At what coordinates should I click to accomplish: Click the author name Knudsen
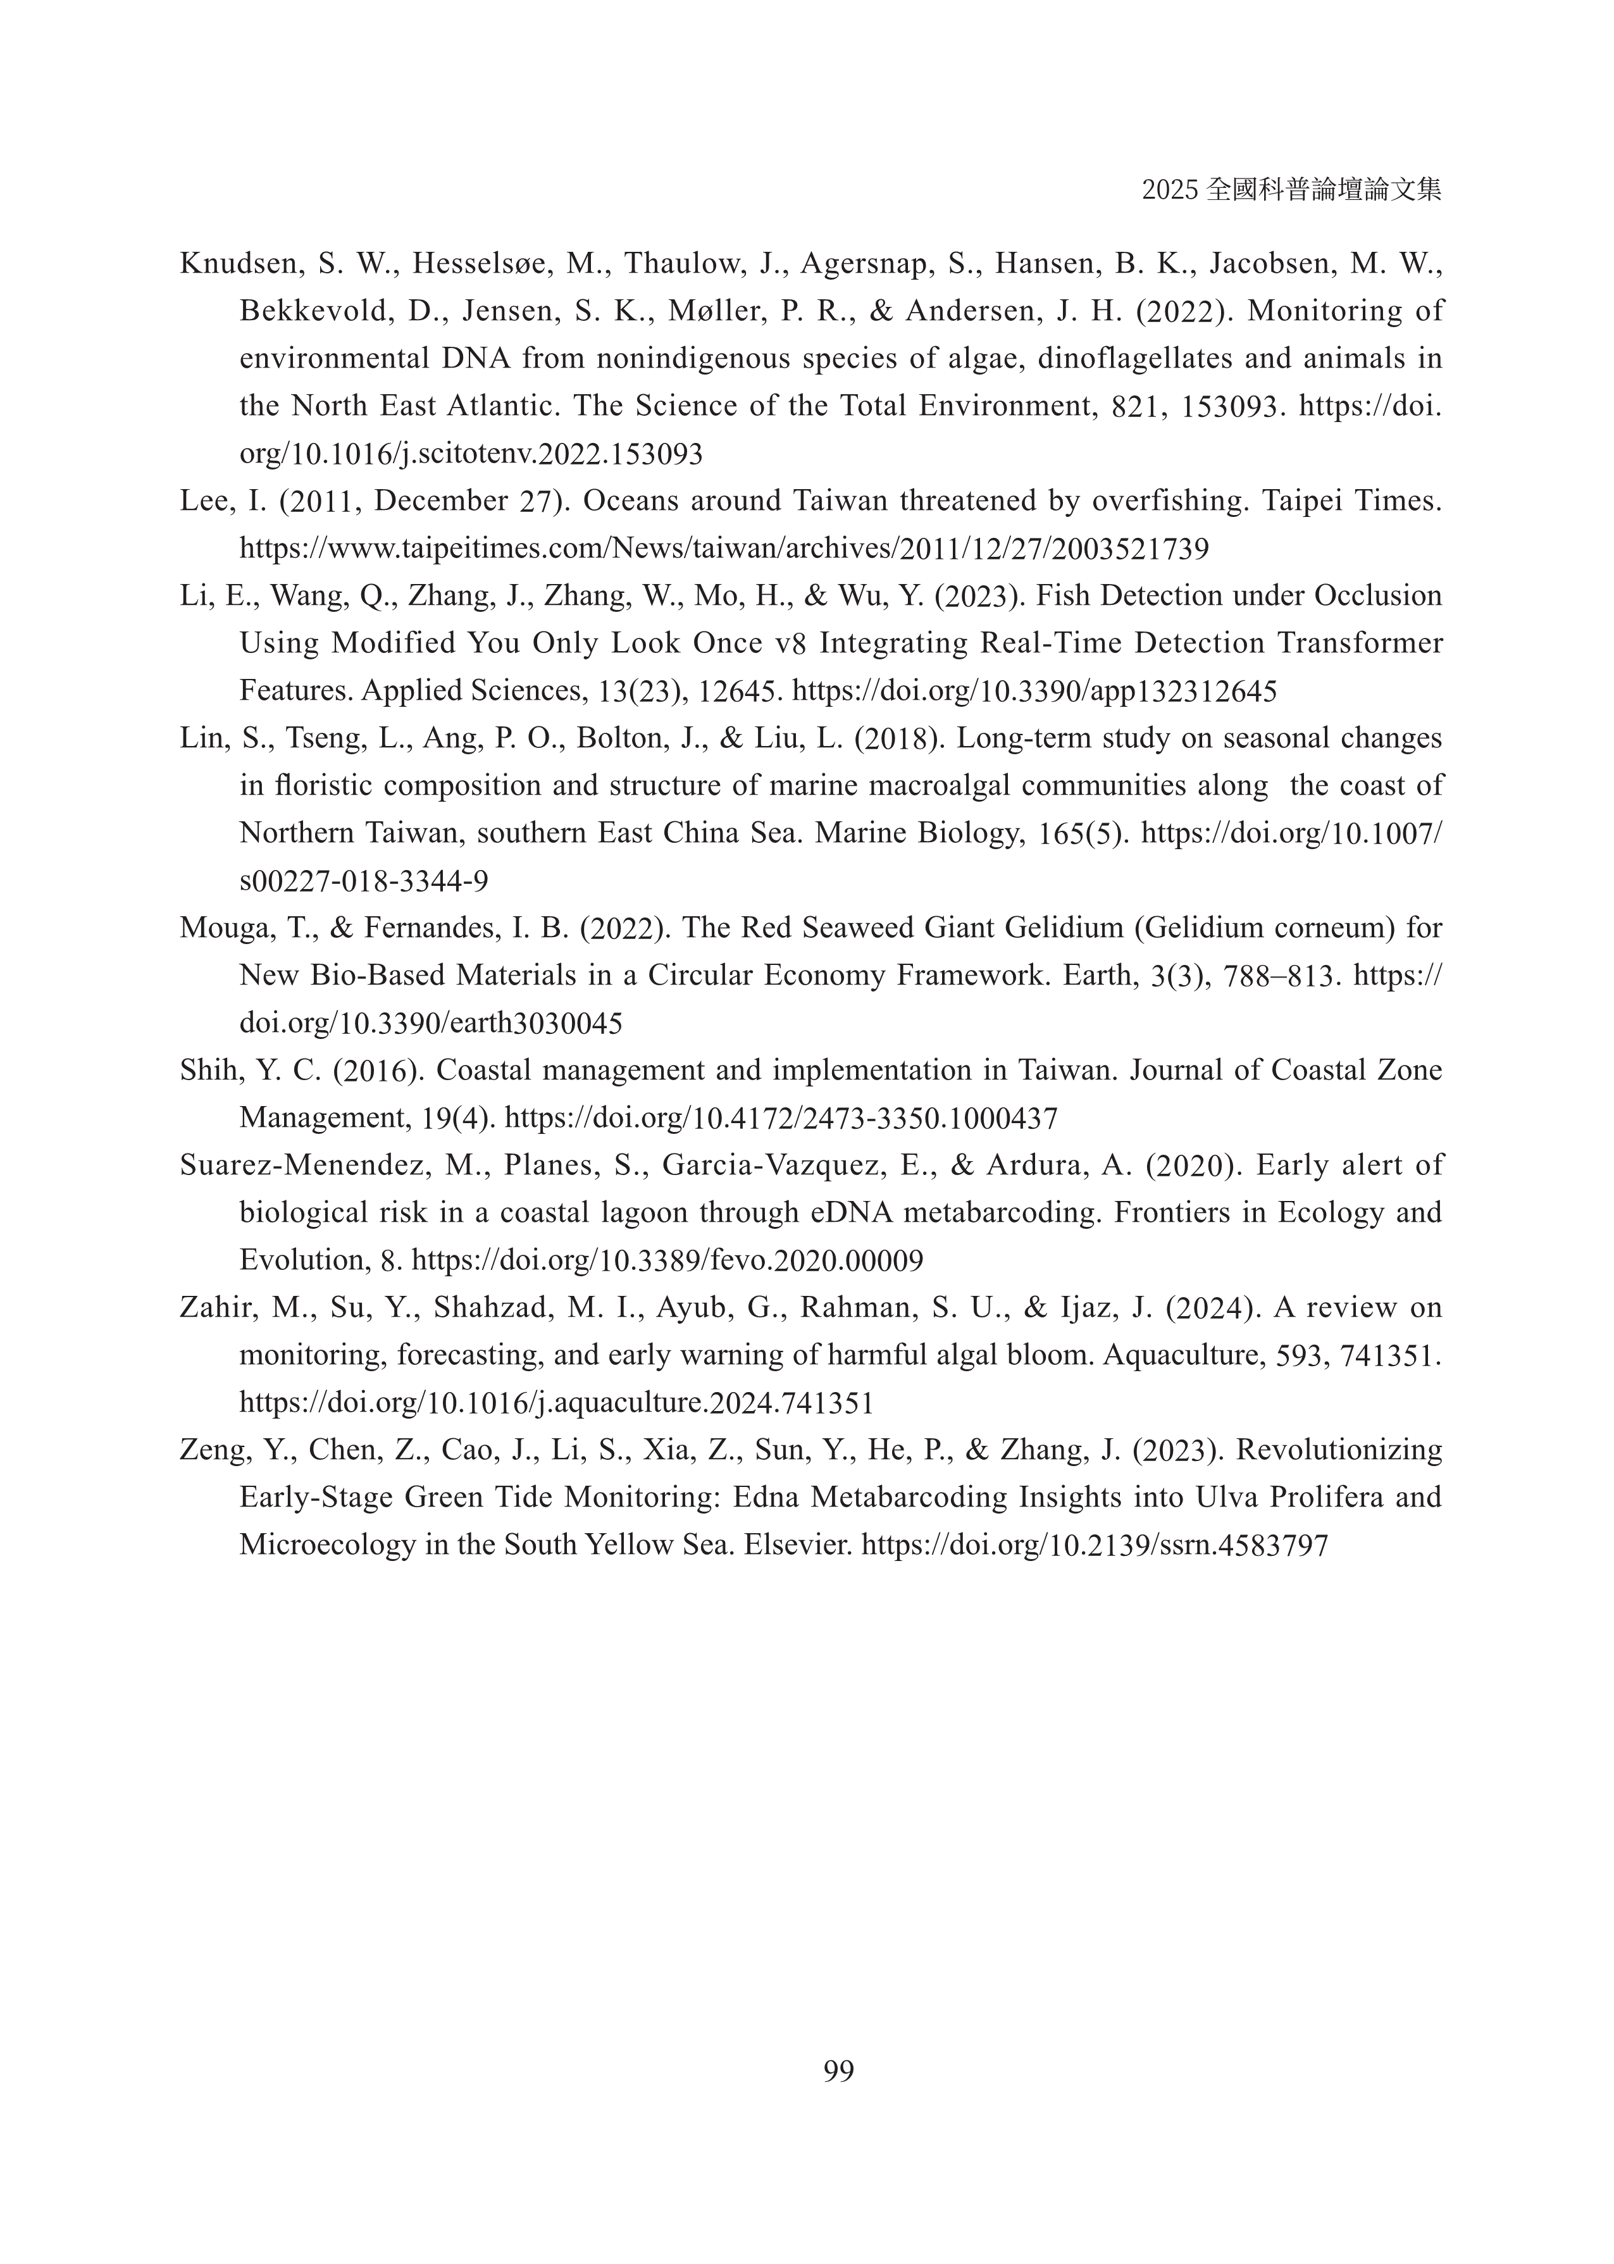tap(239, 264)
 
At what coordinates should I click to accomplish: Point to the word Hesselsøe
tap(476, 264)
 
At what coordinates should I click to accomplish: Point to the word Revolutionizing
tap(1338, 1451)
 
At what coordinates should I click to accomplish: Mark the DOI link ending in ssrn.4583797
tap(1094, 1545)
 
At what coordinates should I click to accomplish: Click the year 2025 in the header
tap(1170, 190)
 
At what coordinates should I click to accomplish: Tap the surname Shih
tap(208, 1071)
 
